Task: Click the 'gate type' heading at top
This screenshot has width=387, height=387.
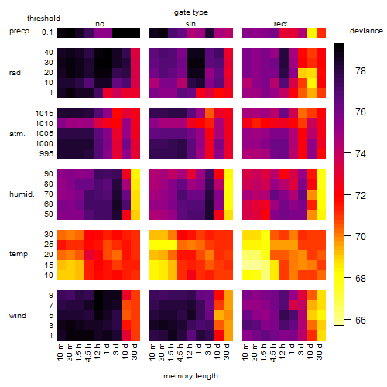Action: pyautogui.click(x=191, y=12)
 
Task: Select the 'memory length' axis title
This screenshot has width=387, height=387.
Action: pyautogui.click(x=190, y=376)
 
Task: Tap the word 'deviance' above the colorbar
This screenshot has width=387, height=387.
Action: pyautogui.click(x=366, y=31)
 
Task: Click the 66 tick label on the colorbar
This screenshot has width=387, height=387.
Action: pyautogui.click(x=360, y=320)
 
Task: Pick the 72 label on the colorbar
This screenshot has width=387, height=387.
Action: pyautogui.click(x=360, y=195)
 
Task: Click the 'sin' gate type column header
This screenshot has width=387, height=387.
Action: pyautogui.click(x=190, y=24)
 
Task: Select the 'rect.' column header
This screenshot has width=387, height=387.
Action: pyautogui.click(x=282, y=24)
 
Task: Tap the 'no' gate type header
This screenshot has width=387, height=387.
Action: pyautogui.click(x=100, y=24)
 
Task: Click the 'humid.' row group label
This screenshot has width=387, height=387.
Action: pyautogui.click(x=22, y=194)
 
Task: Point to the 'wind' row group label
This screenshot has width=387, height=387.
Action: pyautogui.click(x=18, y=316)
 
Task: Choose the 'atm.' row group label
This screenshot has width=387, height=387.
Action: pyautogui.click(x=17, y=134)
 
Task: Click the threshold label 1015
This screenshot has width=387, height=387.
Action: pyautogui.click(x=44, y=114)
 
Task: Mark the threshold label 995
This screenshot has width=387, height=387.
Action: pyautogui.click(x=46, y=154)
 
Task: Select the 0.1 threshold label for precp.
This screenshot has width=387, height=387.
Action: pyautogui.click(x=47, y=33)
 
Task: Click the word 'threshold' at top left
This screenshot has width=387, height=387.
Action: pyautogui.click(x=43, y=19)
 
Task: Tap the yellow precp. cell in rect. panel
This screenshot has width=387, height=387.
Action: pyautogui.click(x=312, y=33)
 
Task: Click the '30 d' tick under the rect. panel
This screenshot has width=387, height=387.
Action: pyautogui.click(x=320, y=351)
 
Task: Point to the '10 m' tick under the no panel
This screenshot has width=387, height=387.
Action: pyautogui.click(x=60, y=351)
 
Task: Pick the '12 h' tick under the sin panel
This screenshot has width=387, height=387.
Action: pyautogui.click(x=190, y=351)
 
